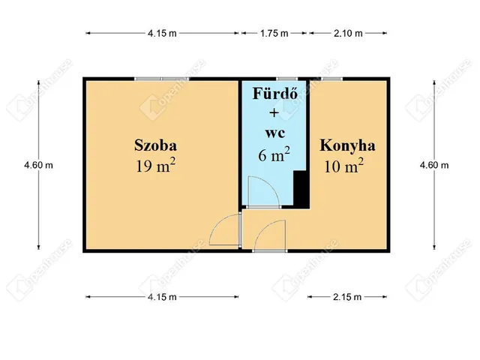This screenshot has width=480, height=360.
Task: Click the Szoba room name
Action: [156, 144]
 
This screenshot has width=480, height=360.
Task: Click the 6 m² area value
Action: [273, 154]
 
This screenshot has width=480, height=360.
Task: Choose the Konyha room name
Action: [347, 145]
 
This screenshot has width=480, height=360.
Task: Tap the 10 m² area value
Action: [344, 165]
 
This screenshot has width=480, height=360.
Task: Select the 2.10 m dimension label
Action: [347, 33]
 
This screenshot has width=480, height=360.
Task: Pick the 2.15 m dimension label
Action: [347, 297]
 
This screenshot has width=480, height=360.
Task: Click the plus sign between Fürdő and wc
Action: [273, 114]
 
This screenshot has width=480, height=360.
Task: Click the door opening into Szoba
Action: [225, 231]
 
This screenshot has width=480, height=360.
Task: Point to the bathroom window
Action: [286, 78]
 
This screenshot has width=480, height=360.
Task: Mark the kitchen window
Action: [331, 78]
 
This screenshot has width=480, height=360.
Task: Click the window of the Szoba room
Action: [161, 78]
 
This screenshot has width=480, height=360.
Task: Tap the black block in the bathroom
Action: [300, 189]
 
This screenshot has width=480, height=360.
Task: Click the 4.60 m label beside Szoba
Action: [38, 165]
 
